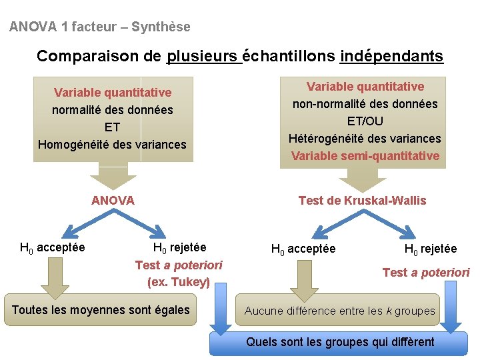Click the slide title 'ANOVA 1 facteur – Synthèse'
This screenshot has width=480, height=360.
pos(100,27)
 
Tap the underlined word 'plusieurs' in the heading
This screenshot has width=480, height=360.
pos(204,56)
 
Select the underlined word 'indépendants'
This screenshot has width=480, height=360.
pos(391,56)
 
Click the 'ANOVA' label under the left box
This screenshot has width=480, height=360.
pos(113,200)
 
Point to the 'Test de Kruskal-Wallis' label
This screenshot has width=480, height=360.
pos(362,200)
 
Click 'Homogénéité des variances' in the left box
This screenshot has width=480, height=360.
pos(113,144)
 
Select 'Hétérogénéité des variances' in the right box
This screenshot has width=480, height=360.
pos(365,139)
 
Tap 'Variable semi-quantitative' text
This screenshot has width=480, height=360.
pos(365,156)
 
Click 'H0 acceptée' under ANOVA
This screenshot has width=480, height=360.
pos(53,248)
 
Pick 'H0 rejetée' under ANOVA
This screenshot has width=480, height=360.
pos(179,248)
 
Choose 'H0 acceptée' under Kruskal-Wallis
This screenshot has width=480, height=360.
pos(303,249)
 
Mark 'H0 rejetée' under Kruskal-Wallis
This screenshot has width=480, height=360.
pos(431,249)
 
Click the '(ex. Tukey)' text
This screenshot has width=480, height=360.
pos(179,282)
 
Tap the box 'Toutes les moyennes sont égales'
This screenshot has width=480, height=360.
pos(101,310)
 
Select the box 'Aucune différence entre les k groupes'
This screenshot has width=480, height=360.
pos(339,311)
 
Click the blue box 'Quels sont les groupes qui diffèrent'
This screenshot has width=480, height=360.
pos(340,342)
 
